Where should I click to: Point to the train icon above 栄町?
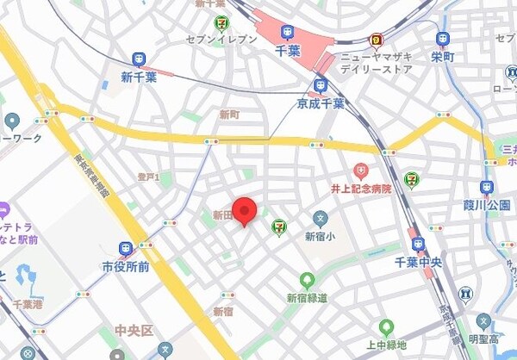(443, 39)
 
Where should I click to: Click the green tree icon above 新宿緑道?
(307, 280)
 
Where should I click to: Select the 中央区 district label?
(134, 330)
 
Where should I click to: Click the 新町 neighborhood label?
(229, 115)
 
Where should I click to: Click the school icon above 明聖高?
(466, 294)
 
